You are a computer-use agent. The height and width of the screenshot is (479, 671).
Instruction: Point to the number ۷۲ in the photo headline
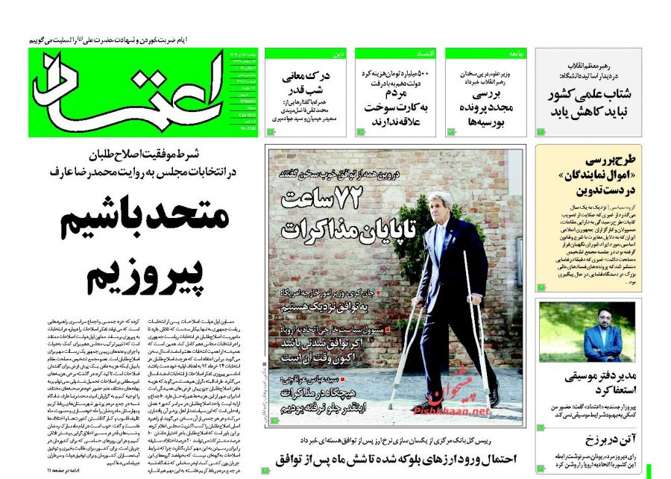click(365, 201)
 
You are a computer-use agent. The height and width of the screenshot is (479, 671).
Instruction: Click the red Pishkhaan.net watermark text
click(456, 411)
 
